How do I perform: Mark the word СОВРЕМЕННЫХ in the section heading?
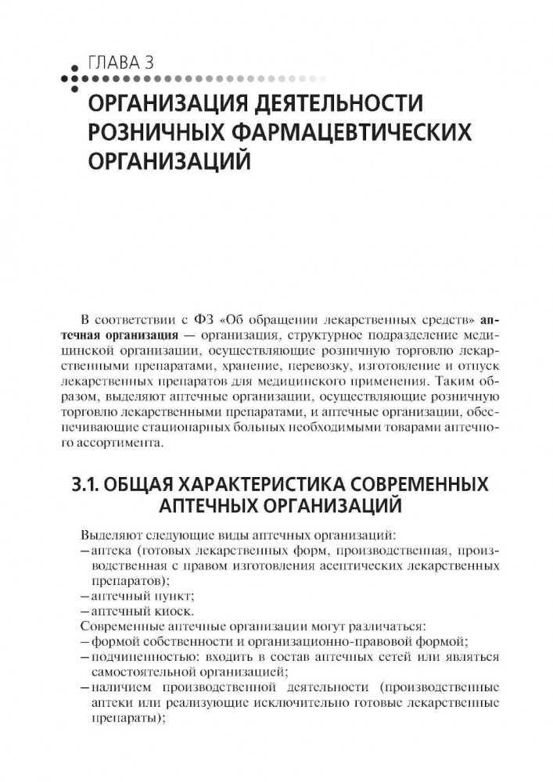(417, 485)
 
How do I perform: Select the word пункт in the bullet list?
(162, 596)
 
